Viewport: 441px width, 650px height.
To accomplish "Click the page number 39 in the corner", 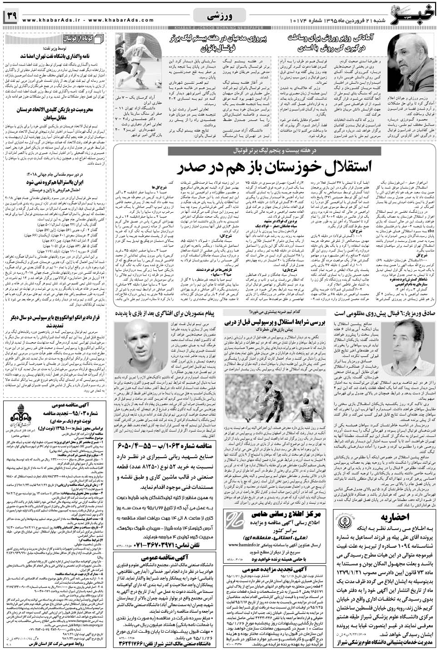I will point(11,17).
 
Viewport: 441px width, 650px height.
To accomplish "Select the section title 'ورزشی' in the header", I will point(220,16).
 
